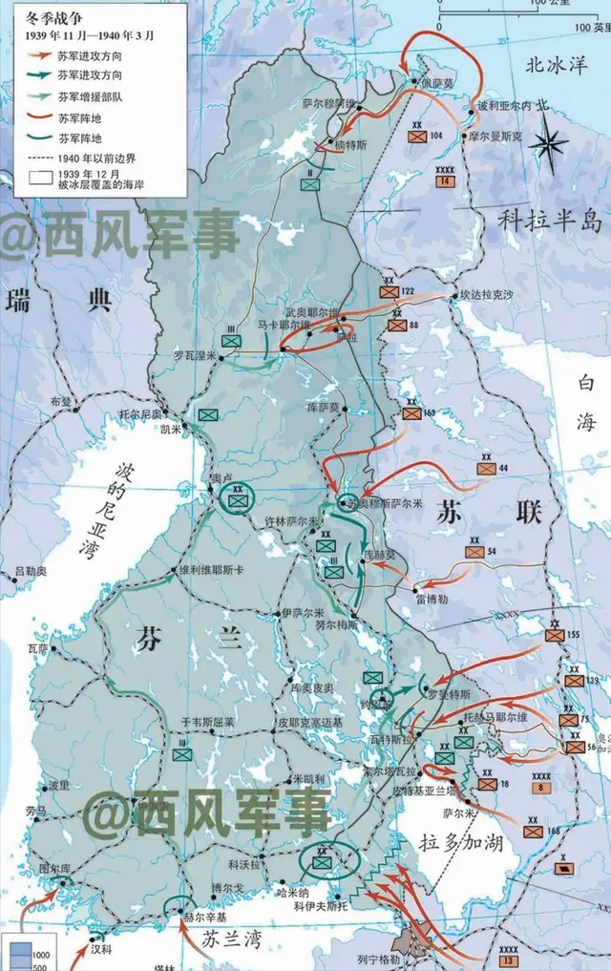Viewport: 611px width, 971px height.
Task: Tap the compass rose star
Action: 549,144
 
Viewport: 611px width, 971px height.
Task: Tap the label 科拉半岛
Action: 550,221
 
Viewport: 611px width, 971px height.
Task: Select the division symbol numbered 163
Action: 411,413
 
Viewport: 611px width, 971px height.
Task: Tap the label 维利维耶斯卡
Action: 213,569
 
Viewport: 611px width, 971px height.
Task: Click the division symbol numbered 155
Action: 556,635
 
